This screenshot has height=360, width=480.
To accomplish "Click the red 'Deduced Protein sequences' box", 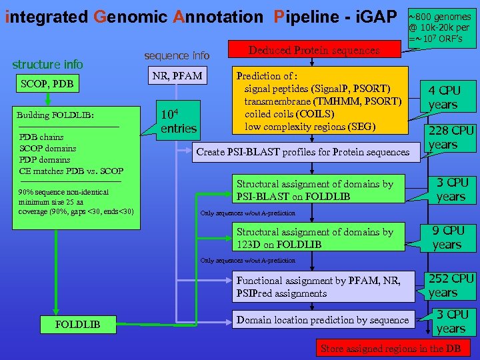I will click(313, 51).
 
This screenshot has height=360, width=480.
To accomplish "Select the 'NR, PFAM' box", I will click(177, 76).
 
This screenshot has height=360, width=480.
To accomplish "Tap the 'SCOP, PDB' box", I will click(47, 85).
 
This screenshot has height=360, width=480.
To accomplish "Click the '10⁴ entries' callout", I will click(178, 119).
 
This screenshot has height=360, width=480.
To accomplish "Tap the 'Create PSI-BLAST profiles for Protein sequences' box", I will click(303, 152).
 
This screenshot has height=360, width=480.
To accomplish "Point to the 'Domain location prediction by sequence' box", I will click(323, 320).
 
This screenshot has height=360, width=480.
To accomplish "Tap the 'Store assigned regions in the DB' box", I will click(392, 348).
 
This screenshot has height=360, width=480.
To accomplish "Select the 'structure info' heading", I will click(48, 64).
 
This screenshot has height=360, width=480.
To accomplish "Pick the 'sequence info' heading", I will click(177, 55).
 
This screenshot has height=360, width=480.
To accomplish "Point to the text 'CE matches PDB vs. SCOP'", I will click(71, 171).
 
